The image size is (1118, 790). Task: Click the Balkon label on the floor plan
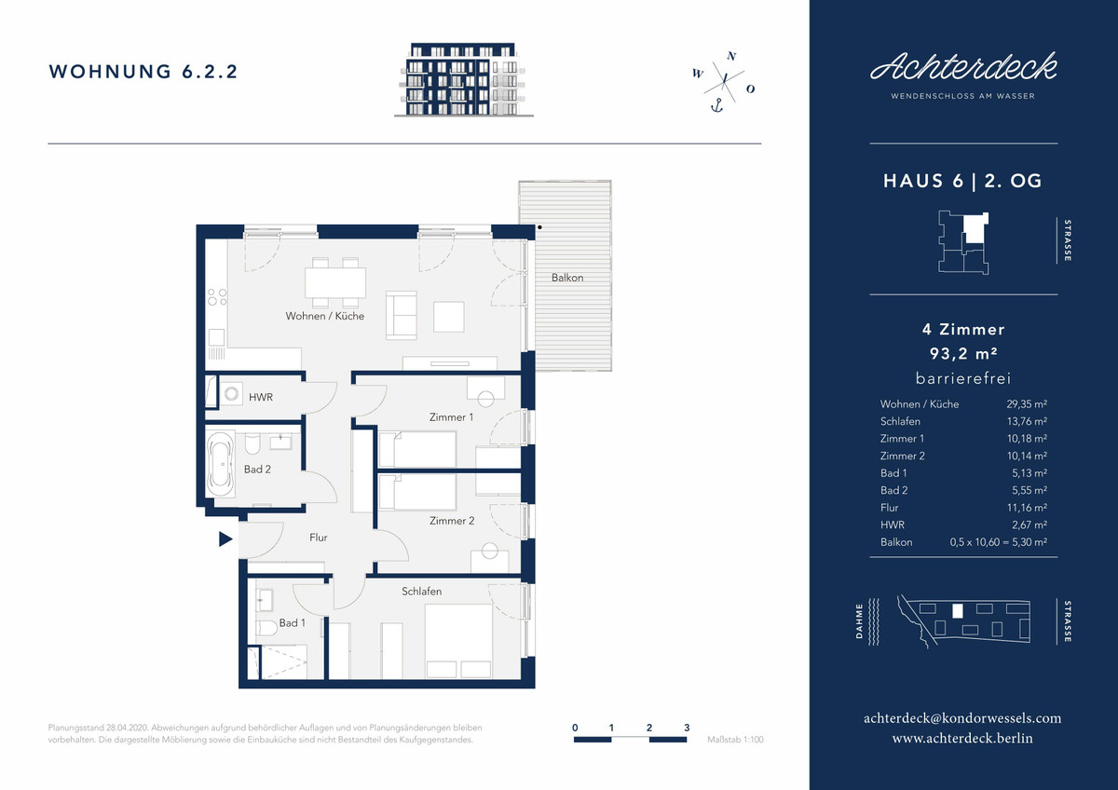pos(567,278)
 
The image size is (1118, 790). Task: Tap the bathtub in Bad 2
pos(220,464)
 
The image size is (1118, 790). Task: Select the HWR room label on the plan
pos(261,397)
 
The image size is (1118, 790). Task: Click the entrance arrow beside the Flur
pos(225,539)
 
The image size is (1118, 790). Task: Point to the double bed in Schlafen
pos(458,641)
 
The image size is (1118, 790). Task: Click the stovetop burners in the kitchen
pos(217,297)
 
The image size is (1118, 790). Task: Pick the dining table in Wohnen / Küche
pos(335,283)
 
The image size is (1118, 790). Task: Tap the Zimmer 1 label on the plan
pos(451,417)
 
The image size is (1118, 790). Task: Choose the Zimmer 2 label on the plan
pos(452,521)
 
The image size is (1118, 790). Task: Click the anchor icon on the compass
pos(716,105)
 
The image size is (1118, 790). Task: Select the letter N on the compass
pos(731,57)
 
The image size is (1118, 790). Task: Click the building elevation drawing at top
pos(464,80)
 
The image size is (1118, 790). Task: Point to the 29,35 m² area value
pos(1027,404)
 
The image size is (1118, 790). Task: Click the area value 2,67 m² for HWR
pos(1029,525)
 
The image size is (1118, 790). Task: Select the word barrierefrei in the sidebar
pos(963,378)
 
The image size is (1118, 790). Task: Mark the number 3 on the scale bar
pos(687,728)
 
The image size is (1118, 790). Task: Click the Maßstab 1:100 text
pos(735,740)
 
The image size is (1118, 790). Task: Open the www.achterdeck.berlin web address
pos(962,738)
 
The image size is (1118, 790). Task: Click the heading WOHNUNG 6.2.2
pos(143,72)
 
